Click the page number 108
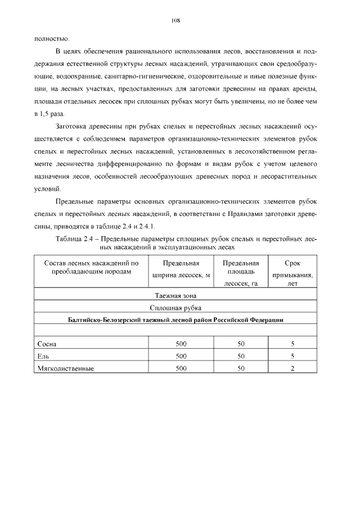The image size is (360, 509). point(175,20)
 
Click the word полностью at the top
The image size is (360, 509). point(52,39)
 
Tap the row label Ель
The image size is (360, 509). point(43,356)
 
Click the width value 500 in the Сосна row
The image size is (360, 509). point(181,344)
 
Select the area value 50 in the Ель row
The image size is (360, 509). point(241,356)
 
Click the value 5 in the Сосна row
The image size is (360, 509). point(292,344)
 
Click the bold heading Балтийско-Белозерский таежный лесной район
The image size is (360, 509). point(175,319)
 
